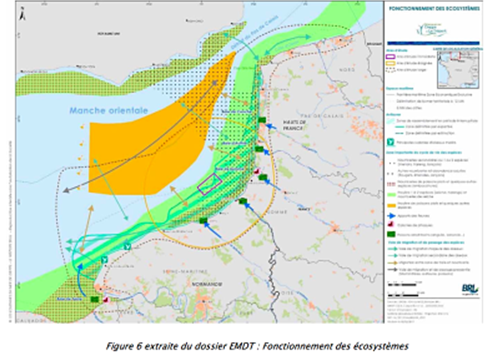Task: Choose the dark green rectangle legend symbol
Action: point(390,121)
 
